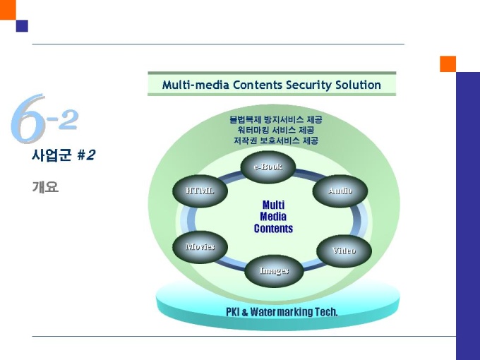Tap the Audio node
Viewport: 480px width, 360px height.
(x=340, y=191)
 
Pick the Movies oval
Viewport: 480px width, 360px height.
(x=200, y=246)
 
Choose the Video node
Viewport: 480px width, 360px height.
(x=344, y=251)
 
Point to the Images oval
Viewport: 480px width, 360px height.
(x=274, y=270)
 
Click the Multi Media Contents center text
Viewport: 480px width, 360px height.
(x=273, y=217)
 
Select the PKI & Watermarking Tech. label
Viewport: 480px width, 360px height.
(x=282, y=311)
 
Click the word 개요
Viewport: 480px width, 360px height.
(x=44, y=187)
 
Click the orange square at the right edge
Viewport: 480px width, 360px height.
(x=448, y=64)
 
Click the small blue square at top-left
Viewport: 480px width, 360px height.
(x=22, y=26)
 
